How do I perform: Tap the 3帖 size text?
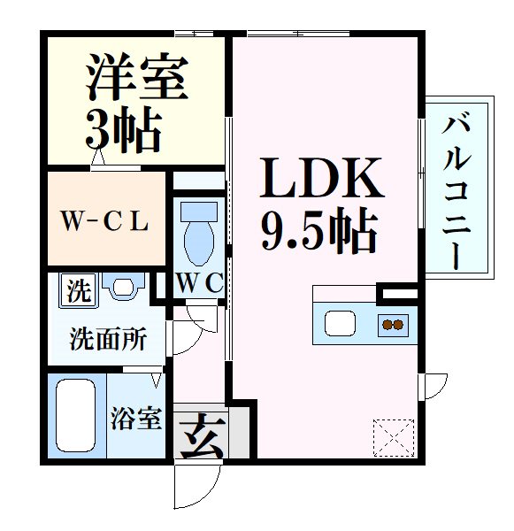coord(123,130)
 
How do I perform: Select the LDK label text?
coord(320,181)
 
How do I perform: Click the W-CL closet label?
coord(104,221)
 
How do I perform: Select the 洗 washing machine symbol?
coord(80,290)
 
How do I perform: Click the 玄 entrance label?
coord(200,435)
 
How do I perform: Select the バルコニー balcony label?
coord(456,189)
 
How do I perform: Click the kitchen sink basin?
coord(340,323)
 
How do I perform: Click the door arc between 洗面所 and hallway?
coord(184,337)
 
